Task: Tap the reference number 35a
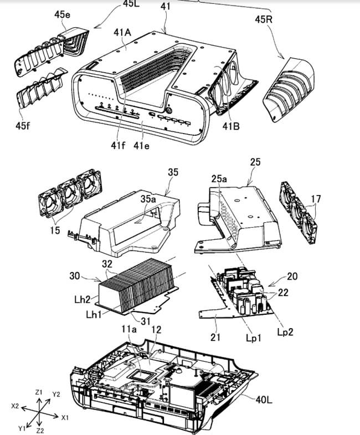[148, 198]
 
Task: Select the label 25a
[219, 179]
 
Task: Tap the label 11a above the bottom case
[128, 329]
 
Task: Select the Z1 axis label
[39, 392]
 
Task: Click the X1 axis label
[65, 416]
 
